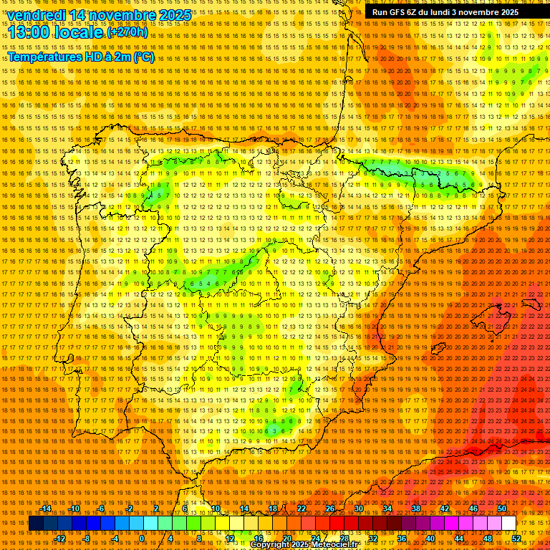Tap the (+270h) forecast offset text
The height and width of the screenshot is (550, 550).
tap(127, 32)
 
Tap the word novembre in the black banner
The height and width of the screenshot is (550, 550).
tap(478, 11)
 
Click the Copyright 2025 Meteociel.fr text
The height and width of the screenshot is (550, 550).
tap(304, 544)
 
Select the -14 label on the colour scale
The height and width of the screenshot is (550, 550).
tap(46, 508)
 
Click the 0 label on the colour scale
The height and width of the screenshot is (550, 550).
tap(143, 539)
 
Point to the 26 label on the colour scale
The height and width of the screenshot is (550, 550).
tap(329, 508)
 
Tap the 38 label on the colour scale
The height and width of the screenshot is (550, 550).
tap(415, 508)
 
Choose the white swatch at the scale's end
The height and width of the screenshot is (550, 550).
tap(508, 524)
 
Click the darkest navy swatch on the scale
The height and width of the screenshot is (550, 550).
tap(35, 524)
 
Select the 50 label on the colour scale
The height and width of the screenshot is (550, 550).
tap(501, 508)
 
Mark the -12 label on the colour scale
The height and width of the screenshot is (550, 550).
tap(60, 539)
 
